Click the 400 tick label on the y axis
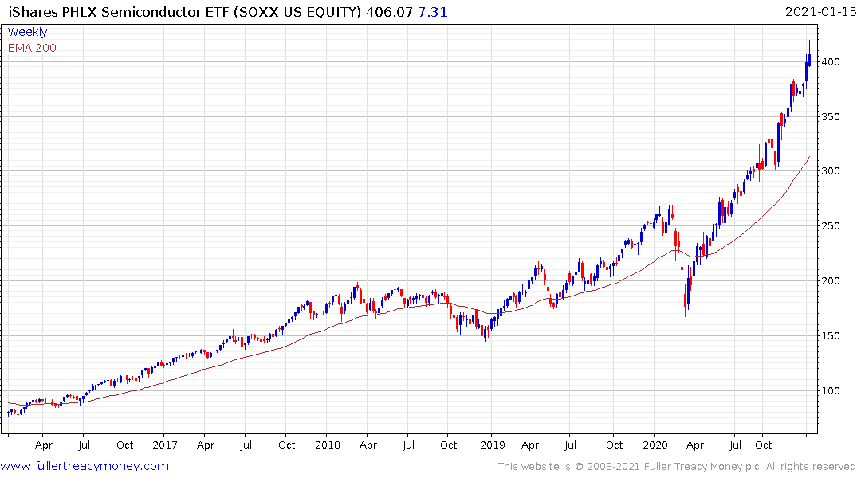point(832,62)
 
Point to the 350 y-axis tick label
point(832,117)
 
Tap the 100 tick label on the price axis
point(832,390)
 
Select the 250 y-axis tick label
point(832,226)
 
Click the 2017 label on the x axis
point(164,445)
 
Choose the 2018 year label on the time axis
point(328,445)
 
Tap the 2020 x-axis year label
point(655,445)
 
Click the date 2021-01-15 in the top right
point(818,12)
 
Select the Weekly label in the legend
point(27,32)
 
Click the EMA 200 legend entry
point(32,48)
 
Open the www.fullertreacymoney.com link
point(85,466)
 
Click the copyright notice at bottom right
point(677,466)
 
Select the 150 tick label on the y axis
point(832,335)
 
